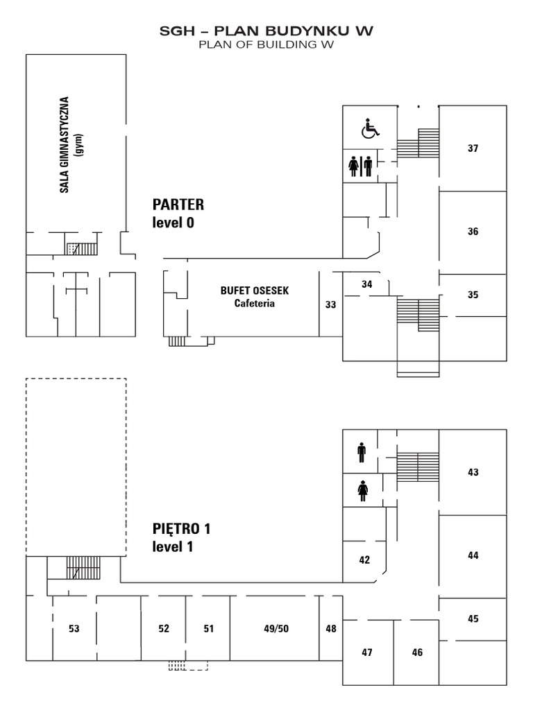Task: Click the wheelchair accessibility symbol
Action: point(371,128)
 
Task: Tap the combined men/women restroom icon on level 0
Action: point(360,166)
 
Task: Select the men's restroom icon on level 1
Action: point(362,453)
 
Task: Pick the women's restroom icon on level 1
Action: point(362,491)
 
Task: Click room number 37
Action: point(473,148)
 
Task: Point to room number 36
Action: point(473,232)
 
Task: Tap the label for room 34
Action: point(367,284)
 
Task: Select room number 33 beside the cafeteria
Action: point(330,304)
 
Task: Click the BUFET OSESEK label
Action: point(255,291)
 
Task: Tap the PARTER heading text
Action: point(178,205)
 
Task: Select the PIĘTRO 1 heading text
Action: point(181,529)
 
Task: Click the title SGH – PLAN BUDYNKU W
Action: point(266,31)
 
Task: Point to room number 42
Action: point(364,560)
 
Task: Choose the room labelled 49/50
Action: point(276,629)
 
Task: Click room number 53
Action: point(74,629)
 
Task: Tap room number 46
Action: point(417,652)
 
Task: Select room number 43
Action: point(473,472)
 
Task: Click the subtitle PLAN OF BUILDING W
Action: point(266,45)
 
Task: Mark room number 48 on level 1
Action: point(330,629)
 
